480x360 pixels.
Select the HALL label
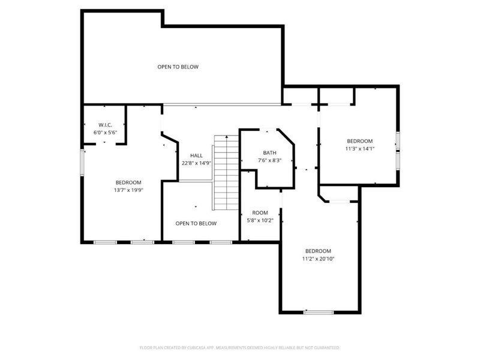point(196,155)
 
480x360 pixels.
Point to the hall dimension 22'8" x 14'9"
point(196,163)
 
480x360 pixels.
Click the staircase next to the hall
point(226,173)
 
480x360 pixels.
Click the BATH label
point(269,152)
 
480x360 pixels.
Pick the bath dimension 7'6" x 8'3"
point(269,160)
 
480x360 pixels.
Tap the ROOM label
point(260,212)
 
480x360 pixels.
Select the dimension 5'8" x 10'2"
point(260,220)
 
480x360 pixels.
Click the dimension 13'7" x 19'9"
point(128,190)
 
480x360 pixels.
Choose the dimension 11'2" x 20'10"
point(318,259)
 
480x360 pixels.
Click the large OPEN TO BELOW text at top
point(178,67)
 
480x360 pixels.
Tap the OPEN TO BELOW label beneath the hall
point(196,223)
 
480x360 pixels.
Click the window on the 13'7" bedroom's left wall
point(83,162)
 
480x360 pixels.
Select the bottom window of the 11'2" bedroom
point(318,312)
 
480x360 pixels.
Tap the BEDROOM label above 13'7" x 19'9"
point(128,182)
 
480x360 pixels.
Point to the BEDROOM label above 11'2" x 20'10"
point(318,251)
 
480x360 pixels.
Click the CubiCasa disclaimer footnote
point(240,347)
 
